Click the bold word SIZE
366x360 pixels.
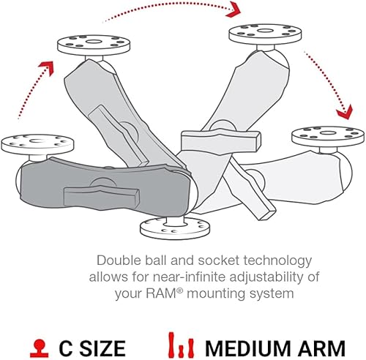click(x=100, y=347)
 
